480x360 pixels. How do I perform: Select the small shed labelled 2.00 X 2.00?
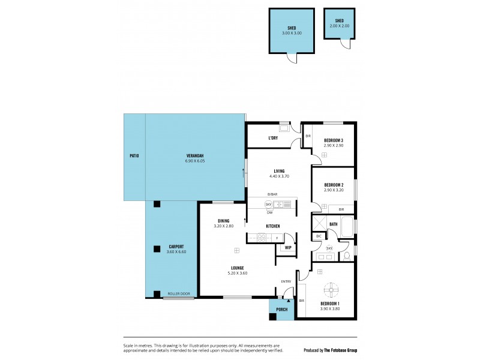[x=338, y=25]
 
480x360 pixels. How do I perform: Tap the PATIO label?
[x=134, y=156]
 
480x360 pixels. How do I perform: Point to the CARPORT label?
[x=176, y=247]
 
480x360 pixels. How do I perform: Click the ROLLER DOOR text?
[x=179, y=293]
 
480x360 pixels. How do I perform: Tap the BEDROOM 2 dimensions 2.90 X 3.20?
[x=333, y=190]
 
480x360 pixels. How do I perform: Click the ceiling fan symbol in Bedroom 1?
[x=331, y=290]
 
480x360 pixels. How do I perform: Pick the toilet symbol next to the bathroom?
[x=347, y=256]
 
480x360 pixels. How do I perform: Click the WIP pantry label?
[x=288, y=247]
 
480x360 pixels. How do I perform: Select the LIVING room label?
[x=279, y=171]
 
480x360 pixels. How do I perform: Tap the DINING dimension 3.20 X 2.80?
[x=223, y=226]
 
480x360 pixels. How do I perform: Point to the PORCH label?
[x=281, y=310]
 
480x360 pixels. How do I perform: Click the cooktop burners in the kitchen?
[x=262, y=238]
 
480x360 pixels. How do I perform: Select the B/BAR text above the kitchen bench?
[x=272, y=194]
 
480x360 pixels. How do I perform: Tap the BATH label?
[x=334, y=224]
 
